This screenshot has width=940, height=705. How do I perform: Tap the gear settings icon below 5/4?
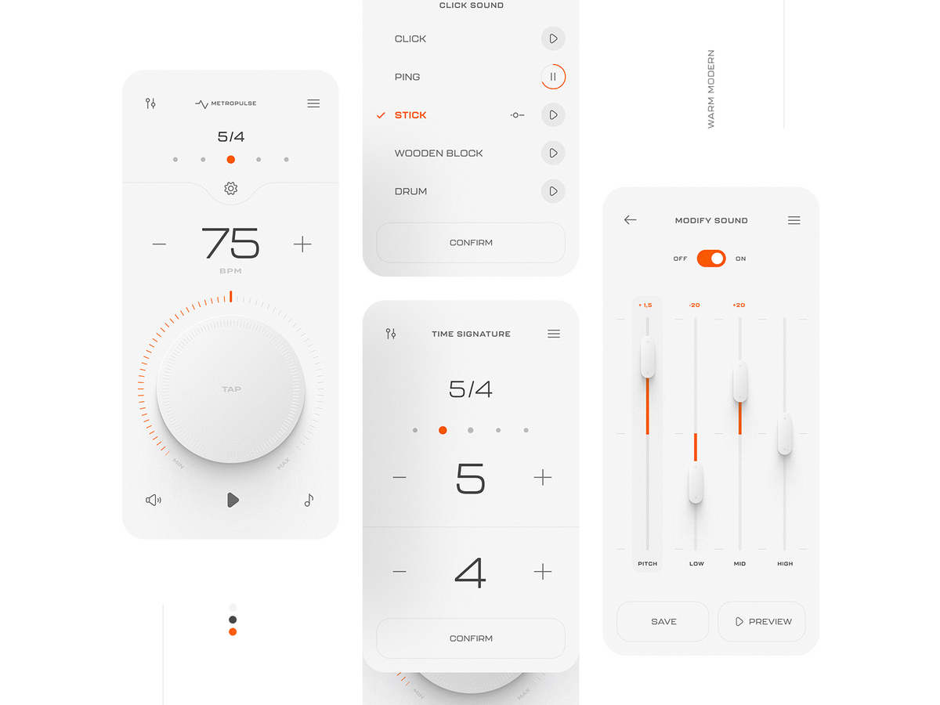pyautogui.click(x=230, y=189)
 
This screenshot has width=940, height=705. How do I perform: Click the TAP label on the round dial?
pyautogui.click(x=231, y=389)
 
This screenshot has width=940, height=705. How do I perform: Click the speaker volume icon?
pyautogui.click(x=154, y=500)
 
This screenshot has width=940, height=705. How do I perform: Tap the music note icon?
pyautogui.click(x=309, y=500)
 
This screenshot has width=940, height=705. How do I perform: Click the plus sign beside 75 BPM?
pyautogui.click(x=302, y=244)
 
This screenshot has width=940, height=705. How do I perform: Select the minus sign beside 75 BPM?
pyautogui.click(x=159, y=244)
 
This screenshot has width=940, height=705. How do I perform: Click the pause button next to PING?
pyautogui.click(x=553, y=77)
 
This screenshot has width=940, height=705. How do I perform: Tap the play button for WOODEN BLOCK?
pyautogui.click(x=553, y=153)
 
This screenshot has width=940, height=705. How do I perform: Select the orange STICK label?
pyautogui.click(x=410, y=115)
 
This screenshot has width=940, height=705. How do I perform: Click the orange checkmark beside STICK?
pyautogui.click(x=381, y=115)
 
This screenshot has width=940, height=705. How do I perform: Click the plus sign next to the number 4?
pyautogui.click(x=542, y=572)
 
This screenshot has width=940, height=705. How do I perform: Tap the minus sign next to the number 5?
pyautogui.click(x=399, y=478)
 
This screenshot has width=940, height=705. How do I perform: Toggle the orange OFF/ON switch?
pyautogui.click(x=711, y=258)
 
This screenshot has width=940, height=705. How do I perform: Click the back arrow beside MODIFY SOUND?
pyautogui.click(x=630, y=220)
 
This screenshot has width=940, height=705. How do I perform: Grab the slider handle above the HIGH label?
pyautogui.click(x=784, y=434)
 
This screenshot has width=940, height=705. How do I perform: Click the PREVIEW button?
pyautogui.click(x=761, y=621)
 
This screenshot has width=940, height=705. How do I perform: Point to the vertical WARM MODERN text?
pyautogui.click(x=711, y=89)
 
